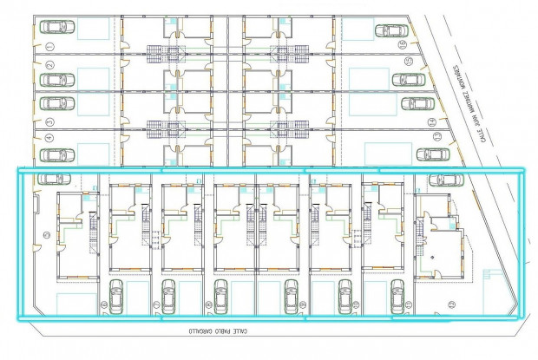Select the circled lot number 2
point(50,65)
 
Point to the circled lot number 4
point(49,137)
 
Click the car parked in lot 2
point(56,81)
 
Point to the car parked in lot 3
point(56,102)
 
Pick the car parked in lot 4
point(56,155)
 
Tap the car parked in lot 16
point(391,30)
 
